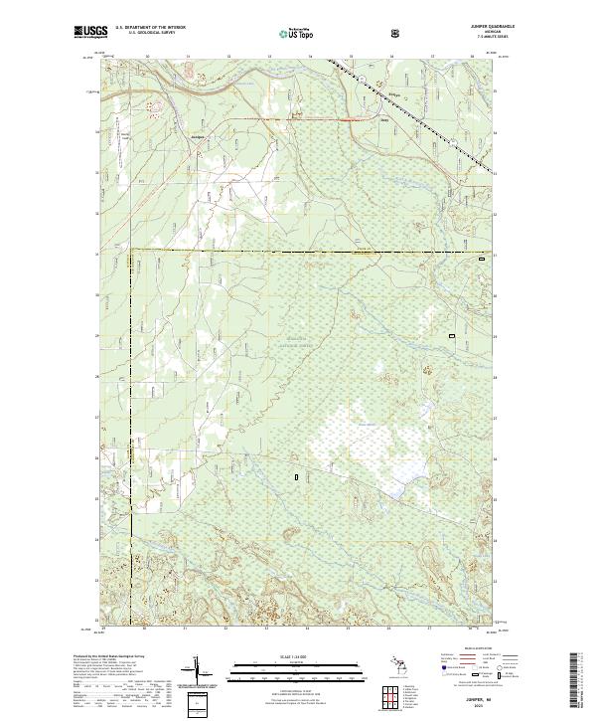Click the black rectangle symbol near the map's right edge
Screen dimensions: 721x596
(453, 336)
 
